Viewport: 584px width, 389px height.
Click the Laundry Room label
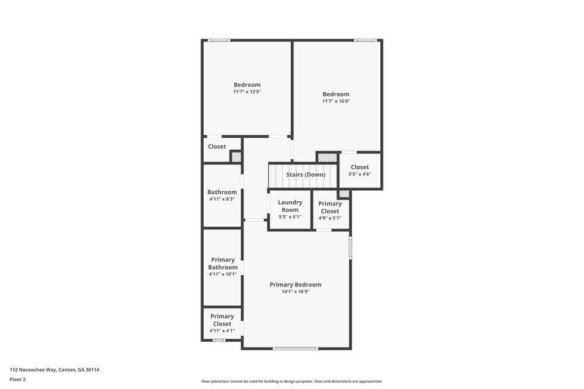pos(290,206)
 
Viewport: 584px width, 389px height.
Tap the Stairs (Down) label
pos(305,174)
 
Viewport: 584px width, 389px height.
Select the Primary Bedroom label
pos(296,285)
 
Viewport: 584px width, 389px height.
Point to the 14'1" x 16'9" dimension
pos(296,292)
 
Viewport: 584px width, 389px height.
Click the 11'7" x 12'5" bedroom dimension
pos(247,92)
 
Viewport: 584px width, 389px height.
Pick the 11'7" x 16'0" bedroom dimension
pos(336,101)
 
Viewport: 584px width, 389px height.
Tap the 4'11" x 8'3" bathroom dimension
pos(222,199)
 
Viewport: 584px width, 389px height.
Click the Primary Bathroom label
pos(223,264)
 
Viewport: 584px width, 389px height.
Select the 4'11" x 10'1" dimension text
pos(223,274)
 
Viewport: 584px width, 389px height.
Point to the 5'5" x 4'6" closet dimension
pos(360,174)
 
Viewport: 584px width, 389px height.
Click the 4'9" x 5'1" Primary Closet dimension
pos(330,218)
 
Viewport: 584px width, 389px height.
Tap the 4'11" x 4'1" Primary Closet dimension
pos(222,331)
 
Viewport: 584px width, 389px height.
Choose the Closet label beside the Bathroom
pos(217,146)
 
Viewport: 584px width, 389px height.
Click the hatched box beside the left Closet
pos(236,157)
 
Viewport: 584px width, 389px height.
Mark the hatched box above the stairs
pos(328,157)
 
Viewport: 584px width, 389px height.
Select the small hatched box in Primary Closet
pos(344,194)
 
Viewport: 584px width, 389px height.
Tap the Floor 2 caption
pos(18,379)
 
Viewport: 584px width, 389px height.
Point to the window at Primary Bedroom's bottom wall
pos(296,349)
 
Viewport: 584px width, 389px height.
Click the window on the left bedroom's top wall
pos(219,40)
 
